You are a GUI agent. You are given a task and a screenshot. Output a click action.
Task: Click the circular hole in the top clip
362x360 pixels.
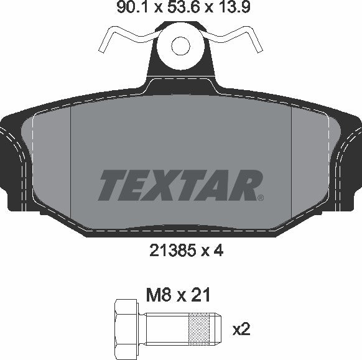tap(180, 45)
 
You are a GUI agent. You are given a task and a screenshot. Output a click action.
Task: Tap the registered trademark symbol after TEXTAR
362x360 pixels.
tap(260, 198)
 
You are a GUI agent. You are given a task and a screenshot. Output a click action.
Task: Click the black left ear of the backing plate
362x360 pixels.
tap(12, 162)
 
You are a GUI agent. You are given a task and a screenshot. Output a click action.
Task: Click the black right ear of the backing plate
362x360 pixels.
tap(350, 162)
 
